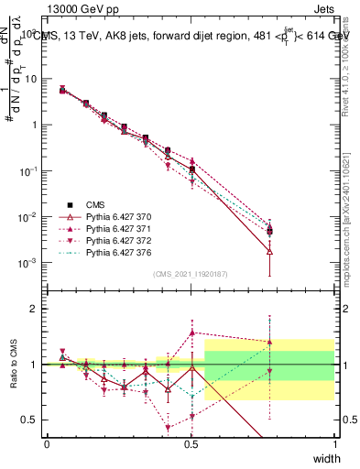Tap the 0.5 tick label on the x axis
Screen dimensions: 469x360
(191, 443)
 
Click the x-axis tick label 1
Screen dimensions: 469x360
(334, 443)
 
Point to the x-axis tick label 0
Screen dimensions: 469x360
(47, 443)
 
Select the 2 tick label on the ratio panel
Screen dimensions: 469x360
(34, 309)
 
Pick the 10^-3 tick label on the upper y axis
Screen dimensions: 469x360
(27, 263)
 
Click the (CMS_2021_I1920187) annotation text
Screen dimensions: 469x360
(191, 273)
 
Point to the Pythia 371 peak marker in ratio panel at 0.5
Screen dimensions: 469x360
(191, 333)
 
